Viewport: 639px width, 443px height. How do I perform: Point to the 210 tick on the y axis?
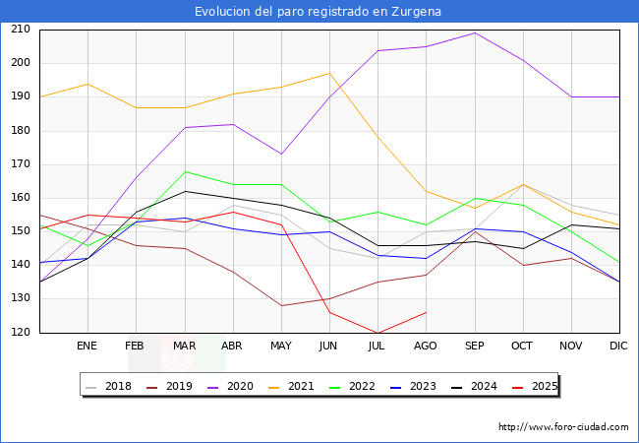(19, 30)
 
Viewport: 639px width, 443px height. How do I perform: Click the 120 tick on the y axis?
(19, 333)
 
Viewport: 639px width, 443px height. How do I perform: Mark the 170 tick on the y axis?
(19, 164)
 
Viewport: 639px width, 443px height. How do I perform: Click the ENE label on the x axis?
(87, 347)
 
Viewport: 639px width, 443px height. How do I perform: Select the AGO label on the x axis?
(426, 347)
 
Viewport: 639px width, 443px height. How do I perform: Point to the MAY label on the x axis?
(281, 347)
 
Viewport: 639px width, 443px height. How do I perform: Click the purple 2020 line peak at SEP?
(475, 32)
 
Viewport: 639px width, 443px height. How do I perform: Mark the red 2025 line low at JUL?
(378, 333)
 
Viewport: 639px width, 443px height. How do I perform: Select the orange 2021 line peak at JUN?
(329, 73)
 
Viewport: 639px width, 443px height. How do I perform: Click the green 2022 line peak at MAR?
(184, 171)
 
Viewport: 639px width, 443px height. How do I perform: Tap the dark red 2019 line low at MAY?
(281, 305)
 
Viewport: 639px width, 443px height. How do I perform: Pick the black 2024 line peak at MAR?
(184, 191)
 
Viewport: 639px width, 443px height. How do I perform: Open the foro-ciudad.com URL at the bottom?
(563, 427)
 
